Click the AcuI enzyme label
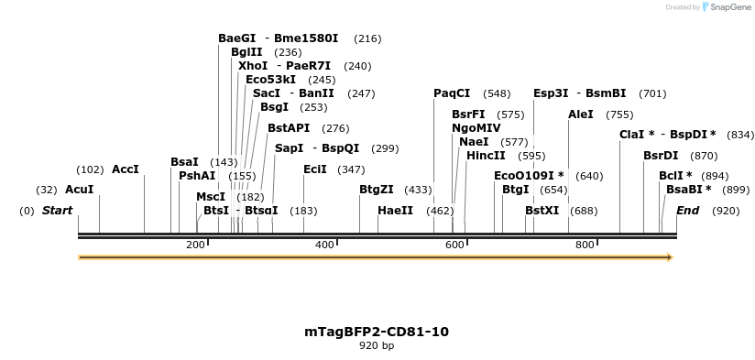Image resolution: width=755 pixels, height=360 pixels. pyautogui.click(x=79, y=190)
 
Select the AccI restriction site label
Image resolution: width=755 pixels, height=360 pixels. pyautogui.click(x=125, y=169)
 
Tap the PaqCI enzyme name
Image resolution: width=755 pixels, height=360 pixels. pyautogui.click(x=452, y=93)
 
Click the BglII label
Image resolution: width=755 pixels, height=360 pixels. pyautogui.click(x=246, y=52)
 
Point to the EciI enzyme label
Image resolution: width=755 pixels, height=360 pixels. pyautogui.click(x=314, y=169)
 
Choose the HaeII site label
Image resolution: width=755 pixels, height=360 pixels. pyautogui.click(x=395, y=211)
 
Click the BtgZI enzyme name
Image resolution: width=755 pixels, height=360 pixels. pyautogui.click(x=376, y=190)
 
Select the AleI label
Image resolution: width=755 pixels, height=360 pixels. pyautogui.click(x=581, y=115)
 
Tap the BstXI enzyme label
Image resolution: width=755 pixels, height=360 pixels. pyautogui.click(x=542, y=211)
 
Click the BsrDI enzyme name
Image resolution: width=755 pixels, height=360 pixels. pyautogui.click(x=661, y=156)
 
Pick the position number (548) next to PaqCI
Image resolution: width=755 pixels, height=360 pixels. pyautogui.click(x=498, y=93)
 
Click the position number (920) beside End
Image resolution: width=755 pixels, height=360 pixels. pyautogui.click(x=726, y=211)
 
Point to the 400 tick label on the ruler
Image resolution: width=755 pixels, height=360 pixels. pyautogui.click(x=325, y=245)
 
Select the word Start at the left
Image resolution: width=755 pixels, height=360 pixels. pyautogui.click(x=57, y=211)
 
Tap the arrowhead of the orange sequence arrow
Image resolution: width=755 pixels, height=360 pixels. pyautogui.click(x=670, y=257)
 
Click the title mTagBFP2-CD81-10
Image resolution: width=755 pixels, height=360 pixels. pyautogui.click(x=377, y=332)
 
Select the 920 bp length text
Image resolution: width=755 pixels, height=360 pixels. pyautogui.click(x=377, y=346)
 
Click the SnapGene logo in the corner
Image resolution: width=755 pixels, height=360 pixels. pyautogui.click(x=725, y=7)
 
